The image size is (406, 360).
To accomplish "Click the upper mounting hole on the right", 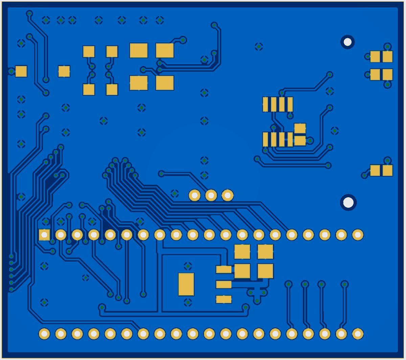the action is [x=347, y=42].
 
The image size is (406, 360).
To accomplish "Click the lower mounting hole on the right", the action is [x=348, y=202].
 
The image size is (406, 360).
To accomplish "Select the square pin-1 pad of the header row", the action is [x=44, y=234].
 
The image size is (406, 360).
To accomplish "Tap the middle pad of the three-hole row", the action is [x=211, y=195].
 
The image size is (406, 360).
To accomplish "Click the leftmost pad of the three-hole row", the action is [x=195, y=195].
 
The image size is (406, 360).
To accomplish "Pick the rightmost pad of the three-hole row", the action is [x=227, y=195].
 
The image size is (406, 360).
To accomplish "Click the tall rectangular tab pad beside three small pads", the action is [x=186, y=284].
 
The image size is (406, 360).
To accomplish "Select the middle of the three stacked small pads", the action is [x=224, y=285].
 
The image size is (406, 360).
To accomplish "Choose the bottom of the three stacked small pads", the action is [x=224, y=299].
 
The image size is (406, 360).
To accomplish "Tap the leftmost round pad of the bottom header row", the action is [x=44, y=334].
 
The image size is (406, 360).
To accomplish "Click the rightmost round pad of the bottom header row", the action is [x=358, y=334].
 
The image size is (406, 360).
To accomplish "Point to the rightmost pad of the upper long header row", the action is [x=358, y=234].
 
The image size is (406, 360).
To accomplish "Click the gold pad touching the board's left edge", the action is [x=21, y=71].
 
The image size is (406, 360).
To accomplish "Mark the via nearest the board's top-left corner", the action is [x=29, y=14].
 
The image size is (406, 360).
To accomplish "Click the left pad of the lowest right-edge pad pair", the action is [x=375, y=171].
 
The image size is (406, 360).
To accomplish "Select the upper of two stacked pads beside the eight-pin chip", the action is [x=300, y=128].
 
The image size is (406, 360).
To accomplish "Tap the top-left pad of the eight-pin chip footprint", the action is [x=266, y=104].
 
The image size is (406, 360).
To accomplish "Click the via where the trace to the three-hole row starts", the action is [x=161, y=174].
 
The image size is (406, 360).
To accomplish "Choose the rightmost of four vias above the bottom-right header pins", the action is [x=344, y=284].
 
